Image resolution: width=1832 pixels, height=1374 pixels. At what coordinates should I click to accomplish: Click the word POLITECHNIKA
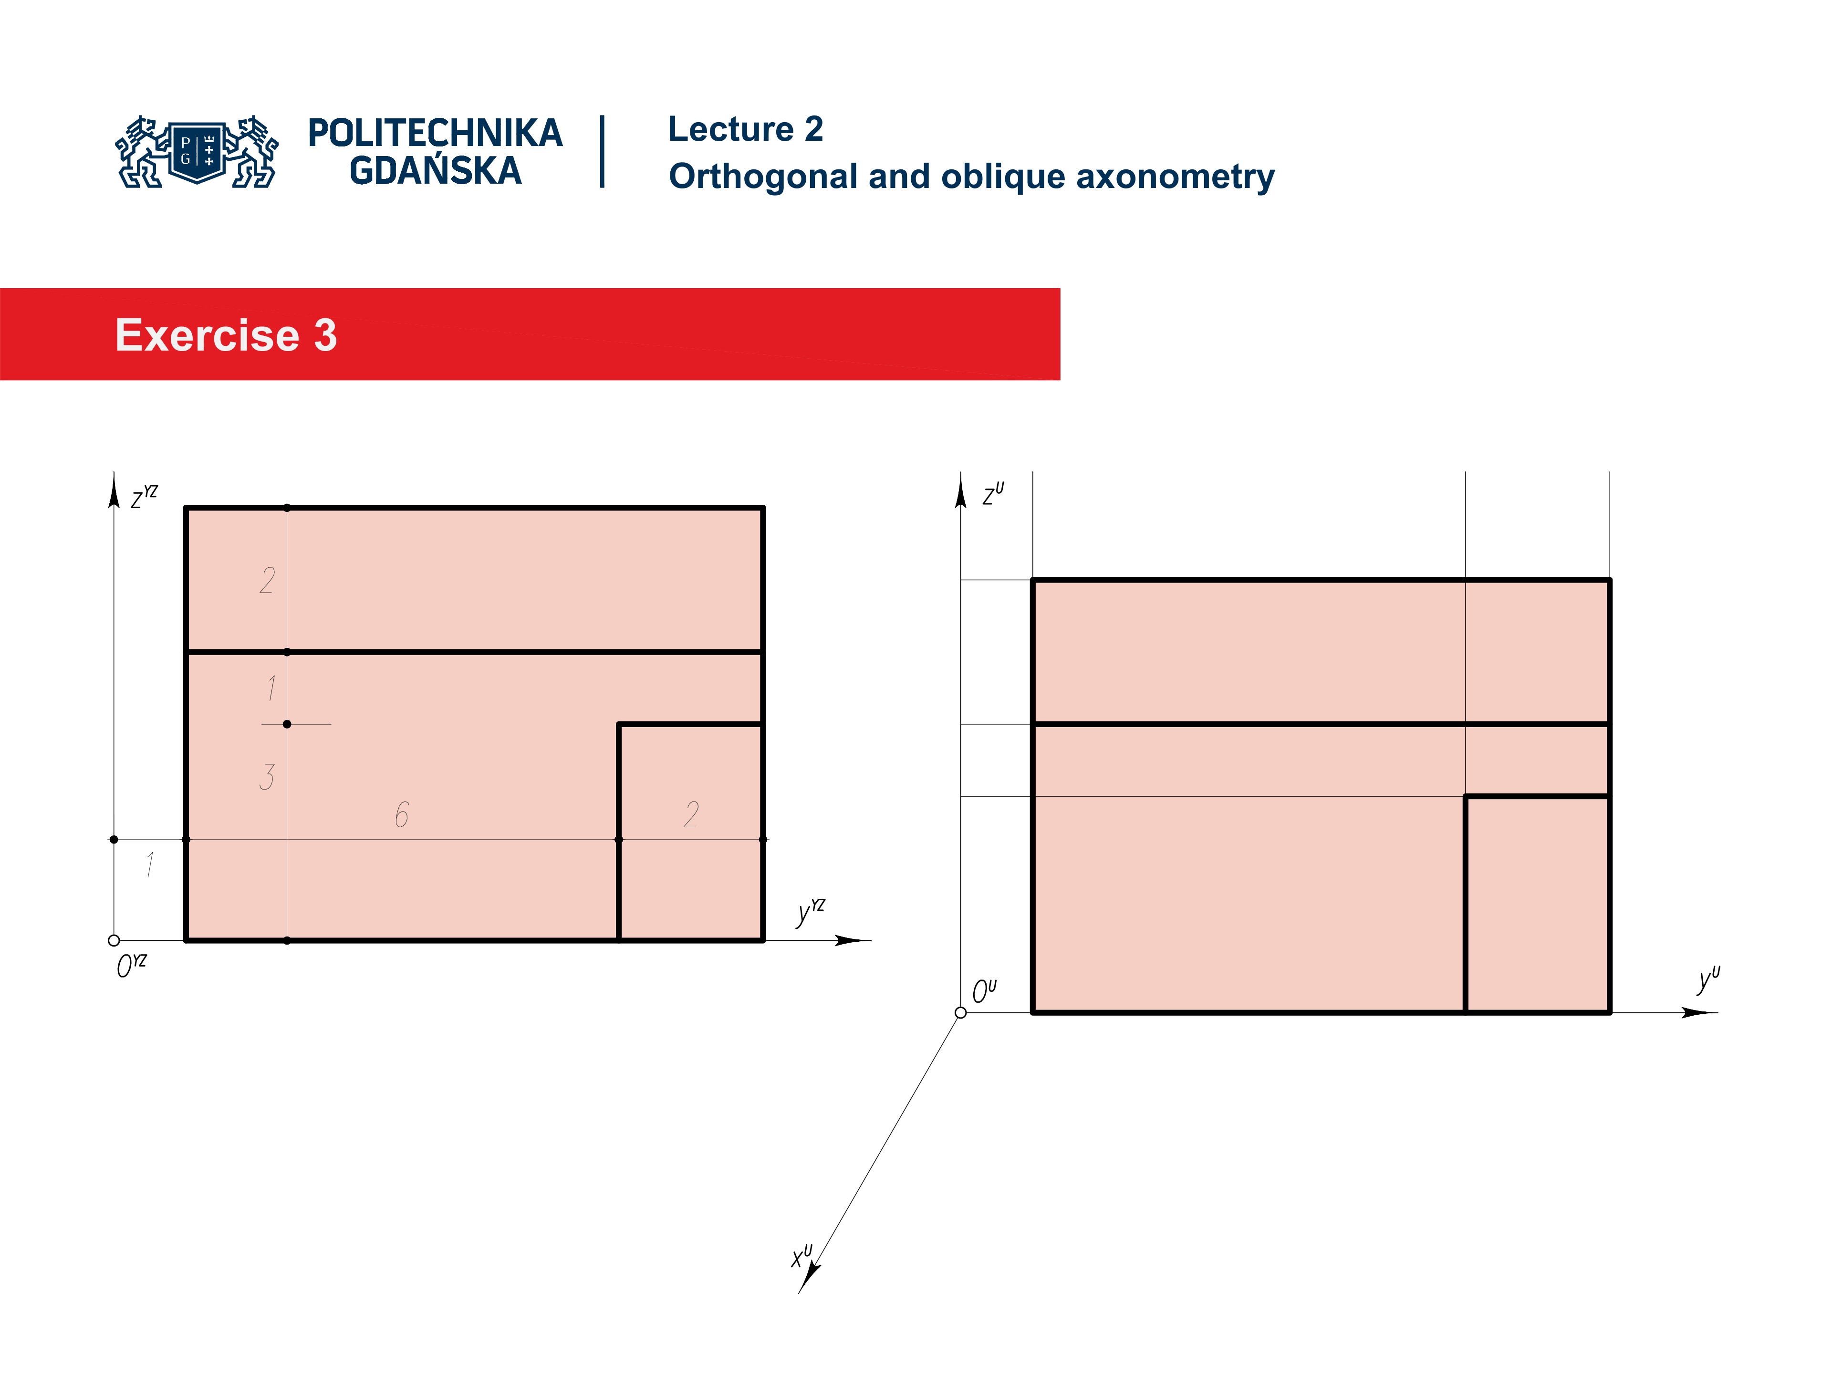pos(435,133)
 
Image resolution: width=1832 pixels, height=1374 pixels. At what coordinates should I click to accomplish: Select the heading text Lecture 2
pos(745,129)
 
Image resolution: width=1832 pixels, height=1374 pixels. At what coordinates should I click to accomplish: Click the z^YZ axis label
pos(143,497)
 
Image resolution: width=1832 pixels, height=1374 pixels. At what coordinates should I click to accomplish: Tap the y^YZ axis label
pos(810,911)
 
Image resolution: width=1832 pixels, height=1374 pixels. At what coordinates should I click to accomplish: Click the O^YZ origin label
pos(131,965)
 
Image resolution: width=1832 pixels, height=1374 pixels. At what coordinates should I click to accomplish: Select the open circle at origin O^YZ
pos(114,940)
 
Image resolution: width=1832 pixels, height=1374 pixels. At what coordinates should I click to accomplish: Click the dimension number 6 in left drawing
pos(402,815)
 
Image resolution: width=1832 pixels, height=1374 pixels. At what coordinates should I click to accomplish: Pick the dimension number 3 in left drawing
pos(267,777)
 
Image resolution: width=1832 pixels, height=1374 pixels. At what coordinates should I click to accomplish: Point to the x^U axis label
pos(801,1256)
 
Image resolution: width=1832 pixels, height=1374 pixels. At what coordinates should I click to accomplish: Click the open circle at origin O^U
pos(961,1012)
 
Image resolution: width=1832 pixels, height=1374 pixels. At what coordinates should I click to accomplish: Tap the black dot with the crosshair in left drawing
pos(287,724)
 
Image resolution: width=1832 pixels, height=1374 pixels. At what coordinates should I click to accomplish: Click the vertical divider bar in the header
pos(602,152)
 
